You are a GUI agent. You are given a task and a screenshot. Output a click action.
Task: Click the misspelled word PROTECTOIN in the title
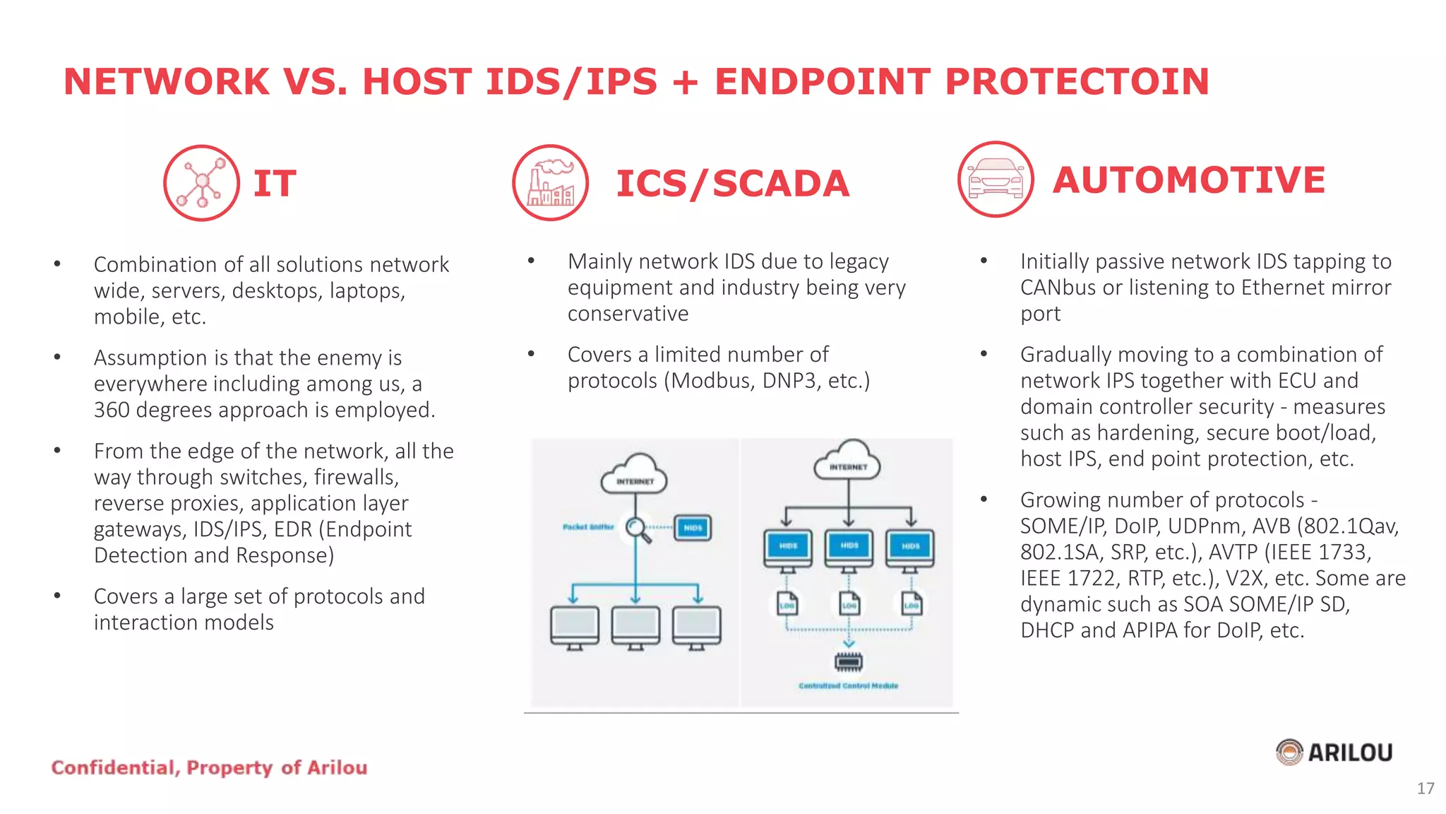click(x=1077, y=81)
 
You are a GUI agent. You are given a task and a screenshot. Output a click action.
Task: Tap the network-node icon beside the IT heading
click(x=202, y=183)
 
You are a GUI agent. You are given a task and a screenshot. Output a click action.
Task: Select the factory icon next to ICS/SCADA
click(x=551, y=183)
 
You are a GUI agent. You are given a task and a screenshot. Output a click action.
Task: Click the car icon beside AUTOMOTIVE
click(x=996, y=179)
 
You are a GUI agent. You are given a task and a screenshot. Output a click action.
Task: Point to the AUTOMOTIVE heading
click(x=1189, y=180)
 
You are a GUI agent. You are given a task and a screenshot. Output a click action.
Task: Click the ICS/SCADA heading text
click(x=732, y=184)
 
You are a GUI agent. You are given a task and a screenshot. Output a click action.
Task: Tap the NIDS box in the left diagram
click(x=693, y=528)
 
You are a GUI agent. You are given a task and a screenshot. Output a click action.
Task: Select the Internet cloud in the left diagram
click(x=635, y=476)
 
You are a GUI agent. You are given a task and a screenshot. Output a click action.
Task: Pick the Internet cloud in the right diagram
click(x=849, y=461)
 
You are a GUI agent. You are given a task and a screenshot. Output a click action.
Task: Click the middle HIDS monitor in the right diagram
click(x=849, y=548)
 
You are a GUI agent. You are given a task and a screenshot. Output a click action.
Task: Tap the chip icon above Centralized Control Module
click(x=849, y=662)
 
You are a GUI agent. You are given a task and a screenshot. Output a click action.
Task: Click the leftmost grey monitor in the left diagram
click(x=575, y=626)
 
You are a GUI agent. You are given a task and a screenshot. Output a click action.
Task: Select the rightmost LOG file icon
click(x=912, y=604)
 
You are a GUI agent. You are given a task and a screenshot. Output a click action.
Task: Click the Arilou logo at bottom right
click(x=1334, y=753)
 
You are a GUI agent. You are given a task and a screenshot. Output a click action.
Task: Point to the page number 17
click(x=1425, y=789)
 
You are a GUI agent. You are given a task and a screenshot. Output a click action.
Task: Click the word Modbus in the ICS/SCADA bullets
click(x=712, y=382)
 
